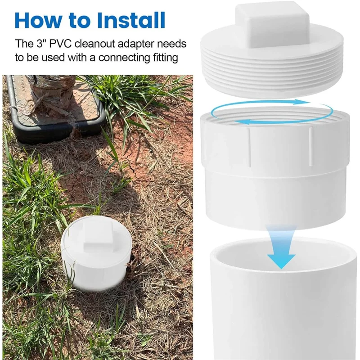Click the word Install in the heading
pos(131,20)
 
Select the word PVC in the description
pos(61,44)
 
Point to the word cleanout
pos(95,44)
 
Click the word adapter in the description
pos(137,44)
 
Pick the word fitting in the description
pos(166,58)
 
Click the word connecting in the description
pos(124,58)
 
